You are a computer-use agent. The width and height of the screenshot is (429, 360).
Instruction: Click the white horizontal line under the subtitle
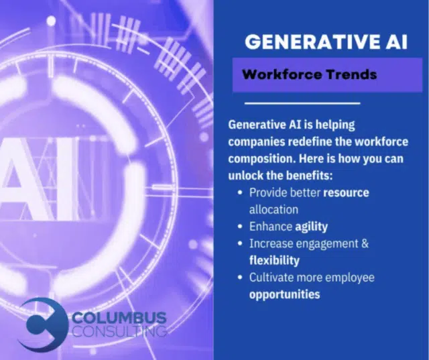[302, 103]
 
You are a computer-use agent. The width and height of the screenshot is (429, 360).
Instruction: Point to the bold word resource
[346, 192]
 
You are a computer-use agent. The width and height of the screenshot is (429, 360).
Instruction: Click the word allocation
[273, 209]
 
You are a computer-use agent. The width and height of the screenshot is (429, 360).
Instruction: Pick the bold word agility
[311, 227]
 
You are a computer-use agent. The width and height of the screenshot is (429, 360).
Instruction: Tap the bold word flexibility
[274, 260]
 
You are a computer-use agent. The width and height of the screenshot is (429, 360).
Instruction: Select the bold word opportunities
[284, 294]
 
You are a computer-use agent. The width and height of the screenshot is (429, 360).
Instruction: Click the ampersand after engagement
[365, 243]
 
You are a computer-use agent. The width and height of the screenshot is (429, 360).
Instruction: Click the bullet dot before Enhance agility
[240, 227]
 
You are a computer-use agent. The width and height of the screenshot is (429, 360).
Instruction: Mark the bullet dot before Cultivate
[240, 278]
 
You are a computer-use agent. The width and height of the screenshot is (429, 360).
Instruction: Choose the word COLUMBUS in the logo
[119, 318]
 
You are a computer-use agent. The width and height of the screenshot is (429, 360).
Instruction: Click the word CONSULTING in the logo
[119, 331]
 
